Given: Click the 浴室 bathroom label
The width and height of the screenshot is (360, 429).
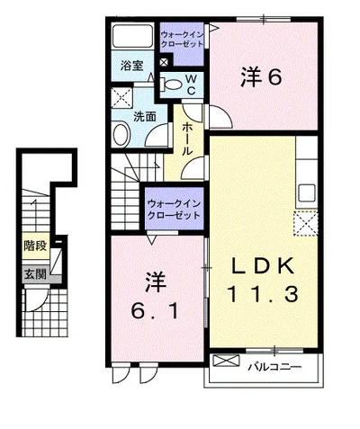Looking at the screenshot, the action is click(x=132, y=66).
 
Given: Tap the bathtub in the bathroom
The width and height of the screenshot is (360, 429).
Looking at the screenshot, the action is click(x=132, y=36).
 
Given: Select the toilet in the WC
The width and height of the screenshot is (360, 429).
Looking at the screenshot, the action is click(x=170, y=85).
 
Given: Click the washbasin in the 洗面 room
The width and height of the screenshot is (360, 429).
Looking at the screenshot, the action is click(x=121, y=134).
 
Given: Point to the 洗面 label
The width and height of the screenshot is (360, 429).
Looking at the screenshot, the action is click(x=145, y=117).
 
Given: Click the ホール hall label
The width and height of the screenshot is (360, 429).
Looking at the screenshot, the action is click(x=187, y=139).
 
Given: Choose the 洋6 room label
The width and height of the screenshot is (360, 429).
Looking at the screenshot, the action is click(x=261, y=76).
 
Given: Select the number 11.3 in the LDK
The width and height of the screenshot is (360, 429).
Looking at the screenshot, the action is click(x=263, y=294).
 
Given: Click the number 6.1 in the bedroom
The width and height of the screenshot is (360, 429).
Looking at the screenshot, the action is click(x=155, y=311).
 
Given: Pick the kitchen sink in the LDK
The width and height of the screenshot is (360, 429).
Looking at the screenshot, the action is click(x=306, y=193).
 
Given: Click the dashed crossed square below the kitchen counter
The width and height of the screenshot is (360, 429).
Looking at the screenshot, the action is click(x=305, y=223).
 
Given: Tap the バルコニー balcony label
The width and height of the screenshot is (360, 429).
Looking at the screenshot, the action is click(x=274, y=367).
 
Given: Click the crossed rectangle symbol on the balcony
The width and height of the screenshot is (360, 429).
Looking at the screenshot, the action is click(x=226, y=360).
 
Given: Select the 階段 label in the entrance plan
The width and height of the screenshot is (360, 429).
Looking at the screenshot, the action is click(x=35, y=246).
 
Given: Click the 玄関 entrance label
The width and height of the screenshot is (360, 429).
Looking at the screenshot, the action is click(x=35, y=274).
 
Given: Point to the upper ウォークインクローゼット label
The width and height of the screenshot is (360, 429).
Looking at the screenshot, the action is click(x=182, y=40).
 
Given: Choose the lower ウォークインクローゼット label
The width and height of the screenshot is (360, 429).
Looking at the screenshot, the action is click(x=174, y=210).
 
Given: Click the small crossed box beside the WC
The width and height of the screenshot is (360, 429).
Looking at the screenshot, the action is click(x=164, y=63).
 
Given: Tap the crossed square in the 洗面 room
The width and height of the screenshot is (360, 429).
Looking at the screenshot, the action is click(x=121, y=97).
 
